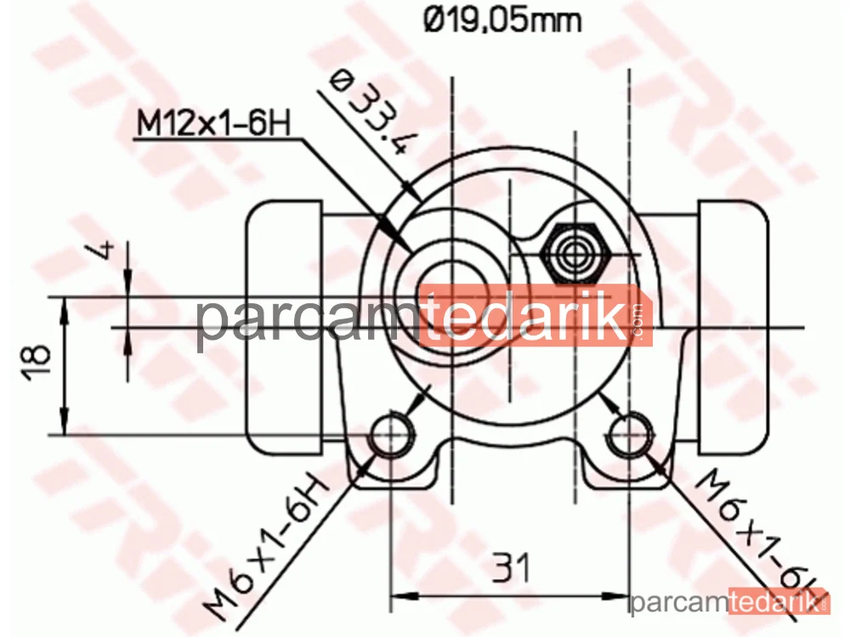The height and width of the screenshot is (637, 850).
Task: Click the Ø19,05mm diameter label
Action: coord(502,20)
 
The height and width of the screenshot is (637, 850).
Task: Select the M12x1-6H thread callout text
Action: coord(213,123)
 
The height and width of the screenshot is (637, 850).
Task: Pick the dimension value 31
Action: coord(510,567)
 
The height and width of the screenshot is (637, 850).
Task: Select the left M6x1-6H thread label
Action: coord(266,547)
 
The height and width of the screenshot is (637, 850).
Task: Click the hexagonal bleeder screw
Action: coord(575,253)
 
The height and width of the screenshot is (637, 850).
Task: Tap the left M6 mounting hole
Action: coord(391,434)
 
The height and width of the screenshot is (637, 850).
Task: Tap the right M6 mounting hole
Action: coord(629,434)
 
